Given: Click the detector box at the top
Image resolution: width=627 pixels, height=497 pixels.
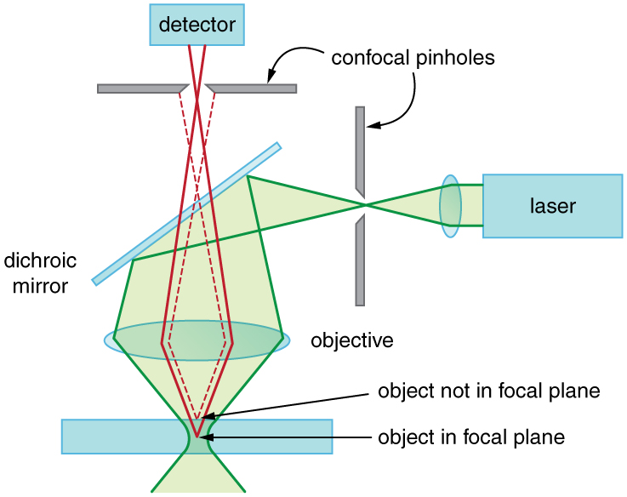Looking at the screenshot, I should [197, 25].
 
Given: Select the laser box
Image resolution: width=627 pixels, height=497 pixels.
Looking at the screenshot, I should [552, 205].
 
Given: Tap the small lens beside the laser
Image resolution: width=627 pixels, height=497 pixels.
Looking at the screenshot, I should [450, 206].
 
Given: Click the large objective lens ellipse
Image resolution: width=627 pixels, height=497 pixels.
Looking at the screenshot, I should [197, 340].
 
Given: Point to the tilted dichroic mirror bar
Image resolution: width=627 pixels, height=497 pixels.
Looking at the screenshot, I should [186, 214].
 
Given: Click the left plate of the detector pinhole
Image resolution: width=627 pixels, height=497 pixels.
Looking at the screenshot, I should [140, 88].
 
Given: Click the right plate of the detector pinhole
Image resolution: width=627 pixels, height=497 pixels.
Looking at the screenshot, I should [253, 88].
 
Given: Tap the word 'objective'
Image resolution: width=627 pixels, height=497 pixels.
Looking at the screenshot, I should [352, 341].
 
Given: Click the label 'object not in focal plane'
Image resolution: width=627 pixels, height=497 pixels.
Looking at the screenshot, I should [489, 391].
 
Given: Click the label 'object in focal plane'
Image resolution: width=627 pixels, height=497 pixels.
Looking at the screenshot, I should [471, 438].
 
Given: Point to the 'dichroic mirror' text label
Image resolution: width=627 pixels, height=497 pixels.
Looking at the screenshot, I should [36, 271].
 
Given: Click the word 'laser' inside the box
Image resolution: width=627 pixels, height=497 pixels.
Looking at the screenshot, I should [552, 205].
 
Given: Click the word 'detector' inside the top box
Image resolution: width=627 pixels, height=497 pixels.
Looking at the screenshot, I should [197, 25].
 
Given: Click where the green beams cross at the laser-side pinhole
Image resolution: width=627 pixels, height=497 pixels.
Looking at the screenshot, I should [364, 205].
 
